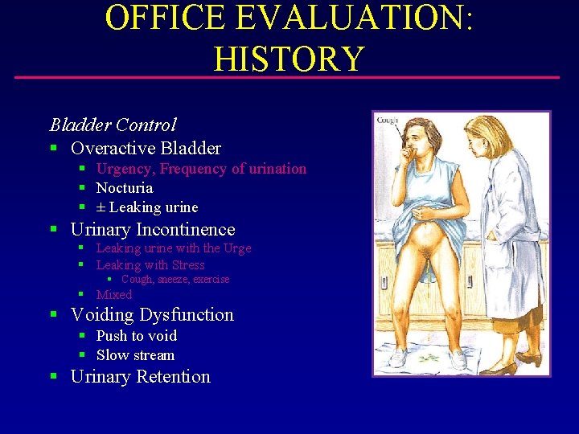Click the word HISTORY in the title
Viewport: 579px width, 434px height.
(x=289, y=58)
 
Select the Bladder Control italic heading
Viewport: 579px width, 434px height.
(x=113, y=125)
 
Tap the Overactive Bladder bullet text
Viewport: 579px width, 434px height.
(x=146, y=148)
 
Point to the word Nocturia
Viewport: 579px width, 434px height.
(x=124, y=188)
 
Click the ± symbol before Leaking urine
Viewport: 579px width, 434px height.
(x=101, y=207)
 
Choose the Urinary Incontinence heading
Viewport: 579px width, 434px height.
(x=153, y=230)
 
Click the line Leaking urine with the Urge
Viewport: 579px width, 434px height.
(x=173, y=248)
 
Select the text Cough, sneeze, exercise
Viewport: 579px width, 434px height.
(x=175, y=280)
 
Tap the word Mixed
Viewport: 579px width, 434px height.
(x=113, y=295)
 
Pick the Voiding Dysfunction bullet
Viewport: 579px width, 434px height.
(x=152, y=315)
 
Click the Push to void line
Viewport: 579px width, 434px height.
(x=136, y=336)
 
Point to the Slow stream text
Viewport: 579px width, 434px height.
(x=135, y=355)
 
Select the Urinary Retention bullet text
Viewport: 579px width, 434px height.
(x=140, y=377)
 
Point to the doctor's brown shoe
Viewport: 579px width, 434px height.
(x=499, y=368)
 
